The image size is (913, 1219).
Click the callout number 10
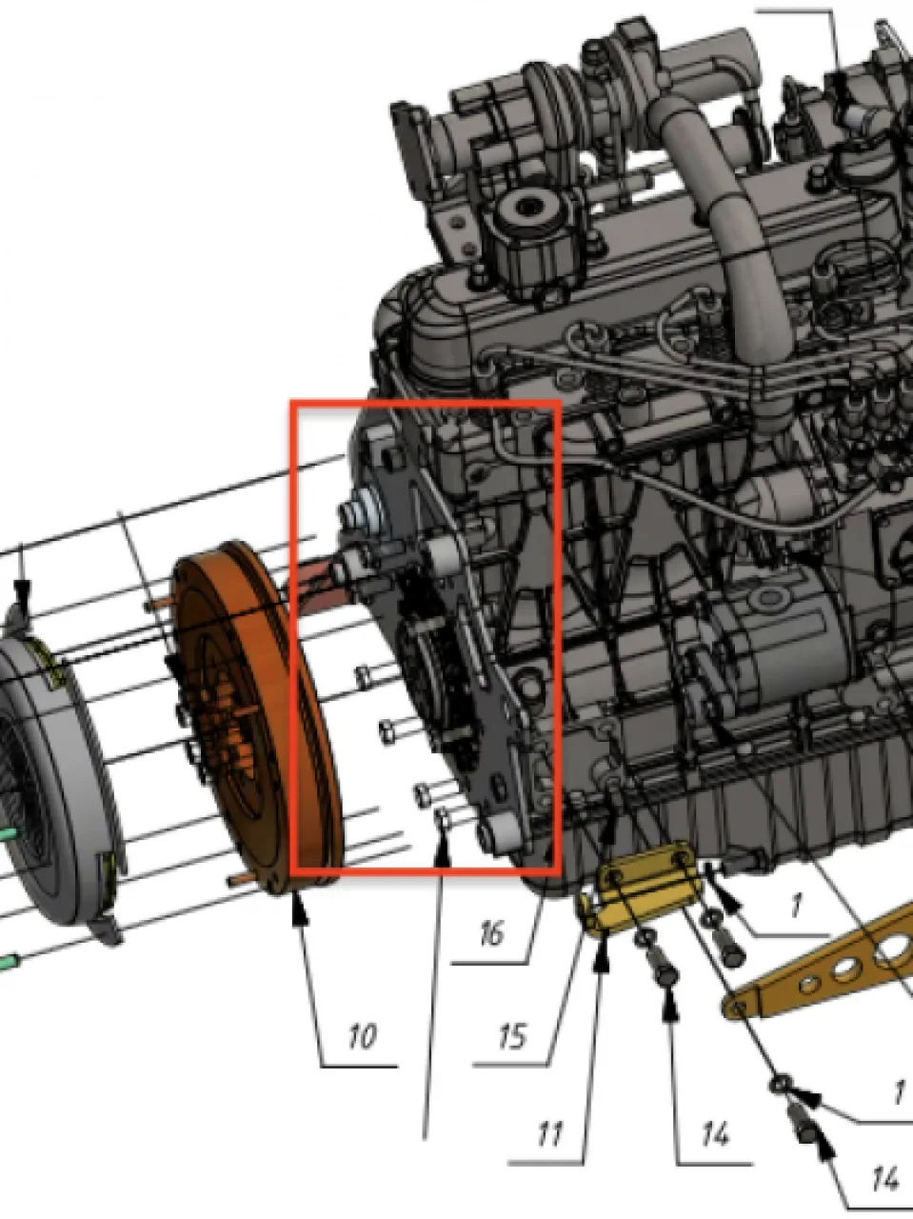tap(363, 1036)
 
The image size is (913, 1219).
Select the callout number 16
tap(491, 933)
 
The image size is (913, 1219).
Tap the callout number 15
tap(512, 1036)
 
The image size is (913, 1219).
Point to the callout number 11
tap(549, 1134)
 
